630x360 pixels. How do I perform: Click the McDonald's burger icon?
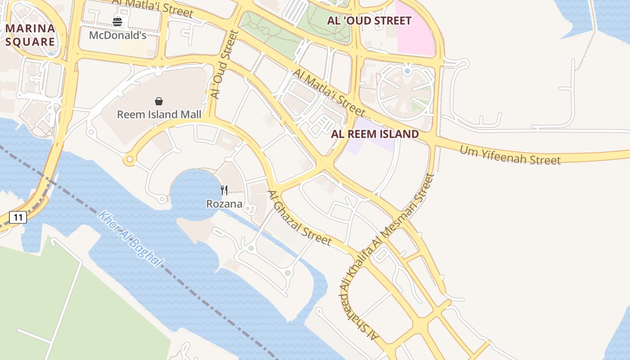point(117,21)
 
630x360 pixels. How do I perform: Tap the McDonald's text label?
point(117,35)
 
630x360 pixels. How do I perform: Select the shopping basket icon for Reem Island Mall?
point(158,101)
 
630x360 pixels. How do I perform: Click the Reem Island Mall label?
point(159,114)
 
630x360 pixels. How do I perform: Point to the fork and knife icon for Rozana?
point(224,190)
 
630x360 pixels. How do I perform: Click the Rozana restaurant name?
point(224,204)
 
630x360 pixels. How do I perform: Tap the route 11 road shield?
point(18,218)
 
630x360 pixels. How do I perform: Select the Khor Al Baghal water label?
point(130,238)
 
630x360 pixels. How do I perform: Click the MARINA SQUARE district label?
point(30,35)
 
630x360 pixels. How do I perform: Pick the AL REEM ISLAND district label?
point(375,134)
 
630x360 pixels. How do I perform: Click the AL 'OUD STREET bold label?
point(369,21)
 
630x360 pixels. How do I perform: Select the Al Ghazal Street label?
point(299,218)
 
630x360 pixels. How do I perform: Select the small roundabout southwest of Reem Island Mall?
point(130,159)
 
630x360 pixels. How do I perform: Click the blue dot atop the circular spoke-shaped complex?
point(407,71)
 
